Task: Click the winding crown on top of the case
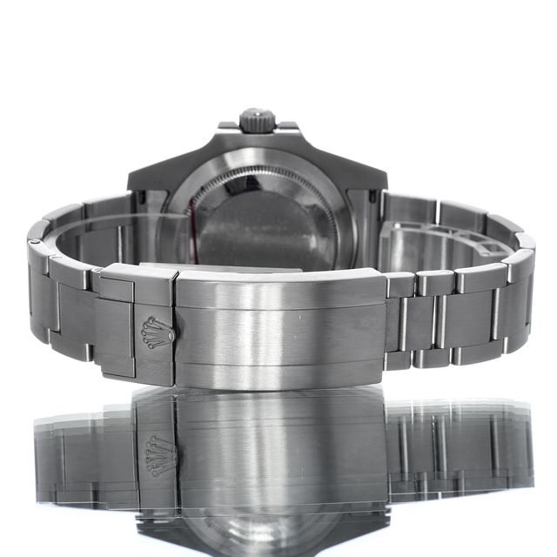[x=257, y=119]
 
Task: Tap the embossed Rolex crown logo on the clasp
[x=158, y=332]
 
